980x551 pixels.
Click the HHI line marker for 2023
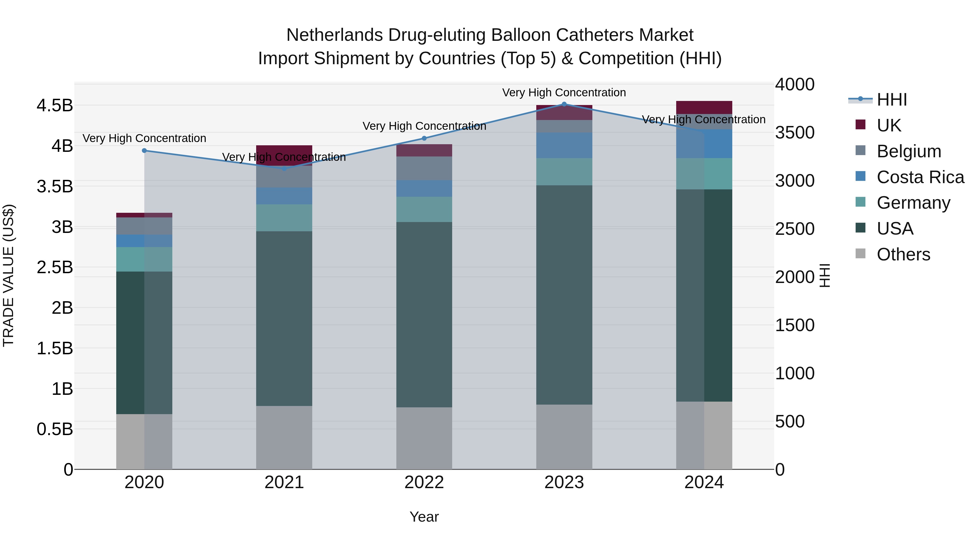[564, 104]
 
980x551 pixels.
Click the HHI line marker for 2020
[144, 150]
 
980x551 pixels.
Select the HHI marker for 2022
[424, 138]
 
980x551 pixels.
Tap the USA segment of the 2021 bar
[284, 318]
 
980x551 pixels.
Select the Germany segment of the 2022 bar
[424, 209]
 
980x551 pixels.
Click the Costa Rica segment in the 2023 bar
[564, 145]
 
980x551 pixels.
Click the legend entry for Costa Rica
[920, 177]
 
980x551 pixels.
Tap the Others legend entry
[903, 254]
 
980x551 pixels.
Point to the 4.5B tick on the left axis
[55, 105]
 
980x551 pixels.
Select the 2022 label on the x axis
[424, 482]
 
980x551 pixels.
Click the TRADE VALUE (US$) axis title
[8, 276]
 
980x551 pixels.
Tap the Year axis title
[424, 517]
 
